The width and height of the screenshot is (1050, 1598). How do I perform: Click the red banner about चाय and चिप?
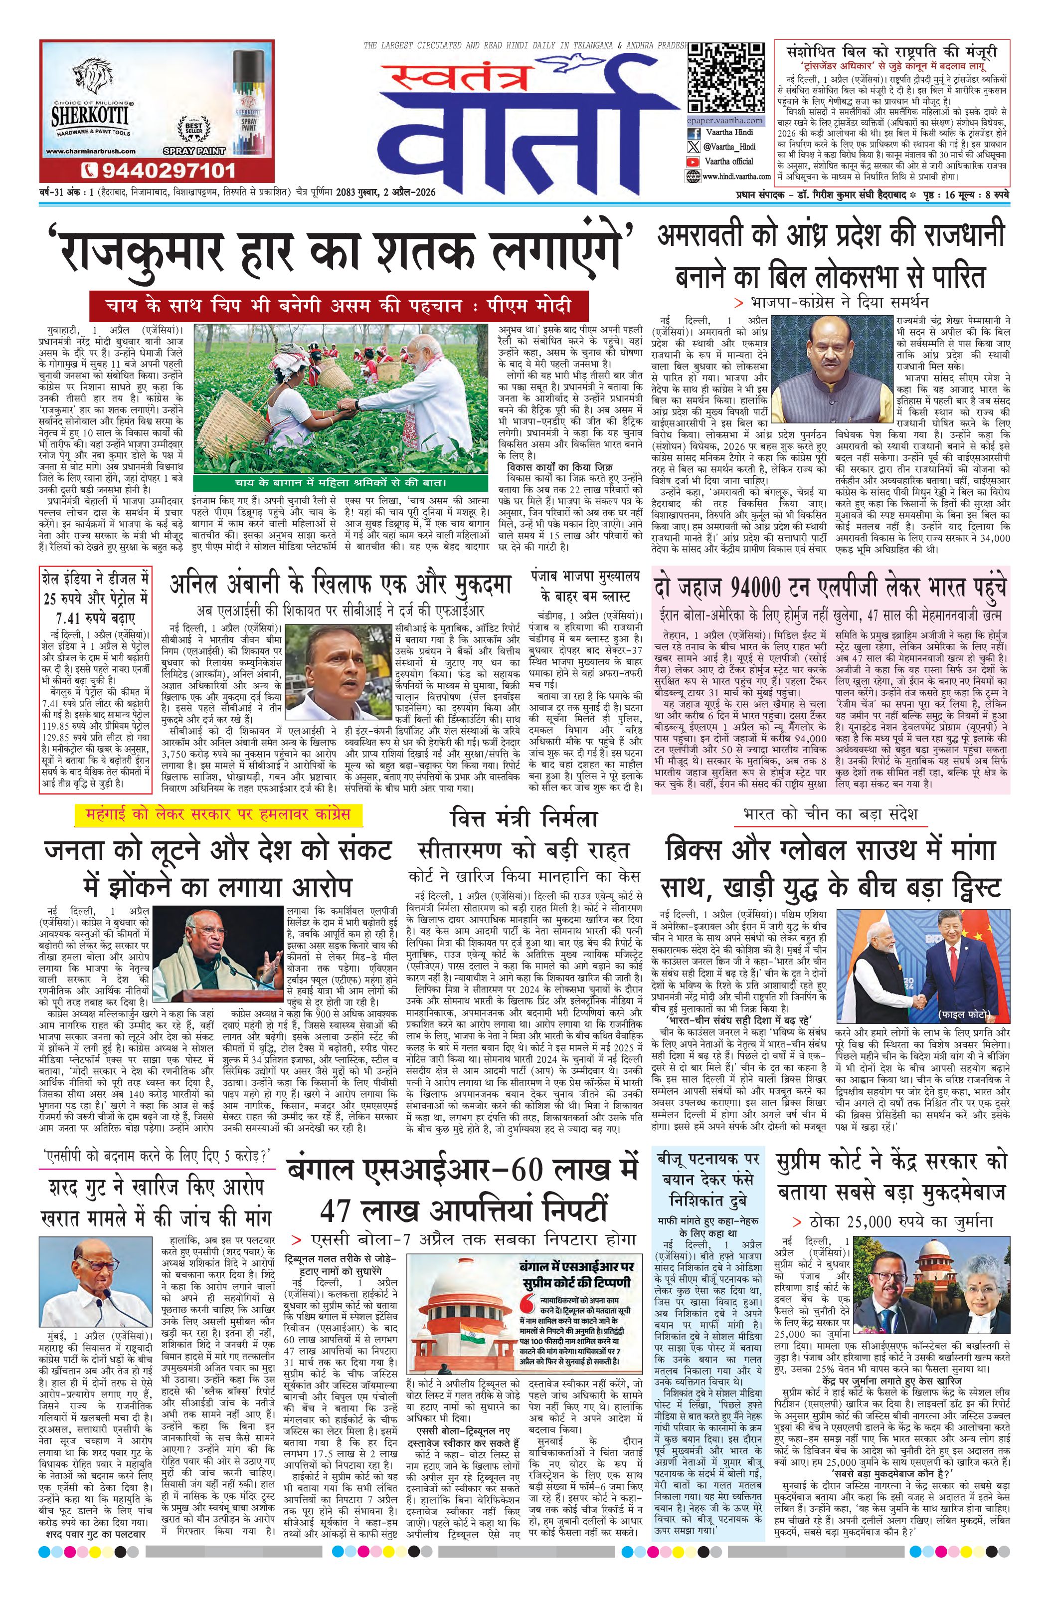point(340,306)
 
